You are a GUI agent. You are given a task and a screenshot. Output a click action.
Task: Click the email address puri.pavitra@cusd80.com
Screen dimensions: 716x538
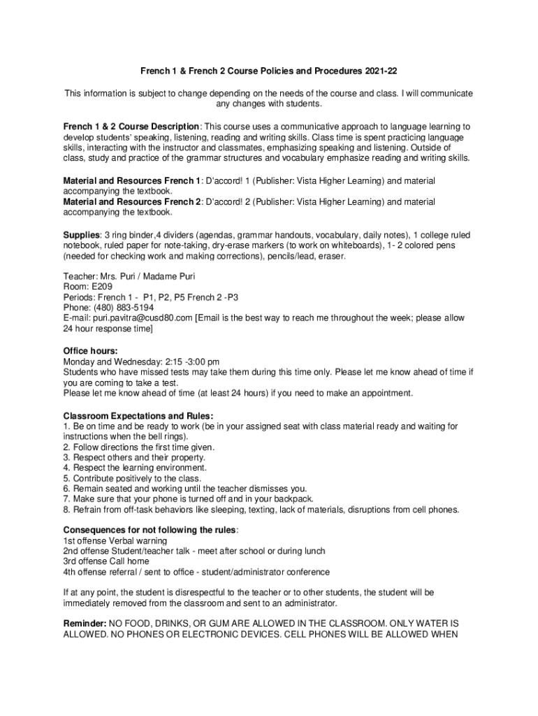click(x=145, y=318)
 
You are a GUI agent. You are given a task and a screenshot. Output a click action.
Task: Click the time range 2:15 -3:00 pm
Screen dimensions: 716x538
click(x=191, y=361)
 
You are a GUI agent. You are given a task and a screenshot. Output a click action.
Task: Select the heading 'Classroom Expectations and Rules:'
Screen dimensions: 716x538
click(x=138, y=415)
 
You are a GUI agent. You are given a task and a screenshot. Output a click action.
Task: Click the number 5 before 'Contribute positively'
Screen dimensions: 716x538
click(x=66, y=478)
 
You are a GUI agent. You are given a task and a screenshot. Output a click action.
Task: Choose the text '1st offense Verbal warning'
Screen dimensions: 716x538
click(x=115, y=541)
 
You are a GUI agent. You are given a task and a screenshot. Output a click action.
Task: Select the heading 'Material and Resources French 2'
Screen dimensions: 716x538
click(x=131, y=202)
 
